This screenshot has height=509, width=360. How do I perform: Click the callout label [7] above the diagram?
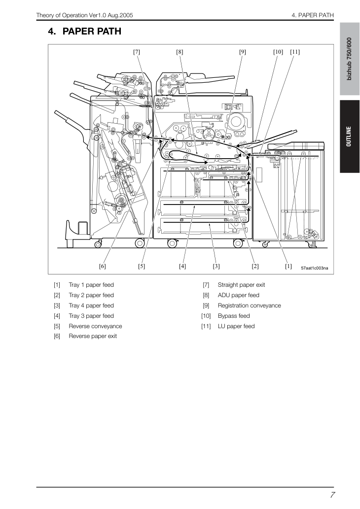[x=137, y=52]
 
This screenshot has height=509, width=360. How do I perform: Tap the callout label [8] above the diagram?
[x=180, y=52]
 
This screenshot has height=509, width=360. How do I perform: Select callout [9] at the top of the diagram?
[x=242, y=52]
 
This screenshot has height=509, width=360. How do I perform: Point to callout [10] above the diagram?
[x=278, y=52]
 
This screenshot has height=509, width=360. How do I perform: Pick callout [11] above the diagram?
[x=295, y=52]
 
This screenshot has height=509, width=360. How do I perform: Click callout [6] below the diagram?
[x=103, y=266]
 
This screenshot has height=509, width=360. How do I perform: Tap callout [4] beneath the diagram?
[x=182, y=266]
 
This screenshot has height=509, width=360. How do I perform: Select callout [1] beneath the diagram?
[x=288, y=266]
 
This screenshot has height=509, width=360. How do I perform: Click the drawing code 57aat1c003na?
[x=315, y=268]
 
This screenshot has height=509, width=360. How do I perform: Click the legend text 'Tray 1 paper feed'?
[x=91, y=285]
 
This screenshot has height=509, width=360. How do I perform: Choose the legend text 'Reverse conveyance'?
[x=95, y=326]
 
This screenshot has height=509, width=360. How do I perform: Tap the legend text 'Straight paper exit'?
[x=242, y=285]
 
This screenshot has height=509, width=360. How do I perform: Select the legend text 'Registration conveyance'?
[x=249, y=305]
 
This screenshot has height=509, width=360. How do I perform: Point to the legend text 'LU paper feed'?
[x=236, y=326]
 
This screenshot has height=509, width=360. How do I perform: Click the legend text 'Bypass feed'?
[x=234, y=316]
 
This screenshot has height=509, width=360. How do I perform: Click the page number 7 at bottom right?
[x=332, y=495]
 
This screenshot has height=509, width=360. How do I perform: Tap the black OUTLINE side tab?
[x=350, y=136]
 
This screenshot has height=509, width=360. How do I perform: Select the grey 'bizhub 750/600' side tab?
[x=350, y=59]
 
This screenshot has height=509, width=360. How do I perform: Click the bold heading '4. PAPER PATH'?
[x=85, y=32]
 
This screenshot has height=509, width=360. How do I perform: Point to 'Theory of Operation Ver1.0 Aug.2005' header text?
[x=84, y=15]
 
